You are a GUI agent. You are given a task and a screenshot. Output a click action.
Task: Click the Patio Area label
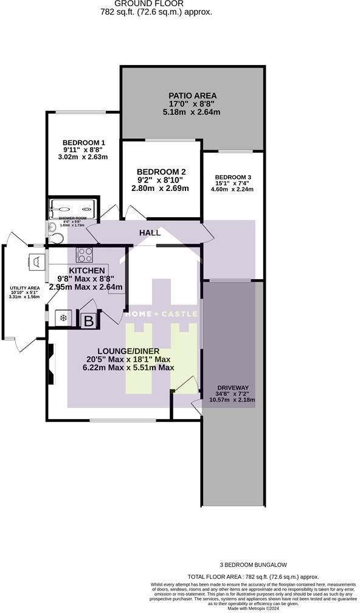192,95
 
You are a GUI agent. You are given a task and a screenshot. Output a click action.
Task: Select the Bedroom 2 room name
161,171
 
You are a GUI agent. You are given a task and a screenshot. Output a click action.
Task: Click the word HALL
150,233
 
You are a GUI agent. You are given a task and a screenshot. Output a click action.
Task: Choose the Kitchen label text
87,271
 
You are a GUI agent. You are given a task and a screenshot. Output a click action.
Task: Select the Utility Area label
24,288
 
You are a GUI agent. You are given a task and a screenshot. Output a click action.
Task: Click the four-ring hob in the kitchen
84,254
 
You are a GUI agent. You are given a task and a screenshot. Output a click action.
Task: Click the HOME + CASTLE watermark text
161,314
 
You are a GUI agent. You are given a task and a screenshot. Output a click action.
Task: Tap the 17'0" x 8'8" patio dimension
192,104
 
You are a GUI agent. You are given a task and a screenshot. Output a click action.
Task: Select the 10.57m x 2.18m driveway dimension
232,400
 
